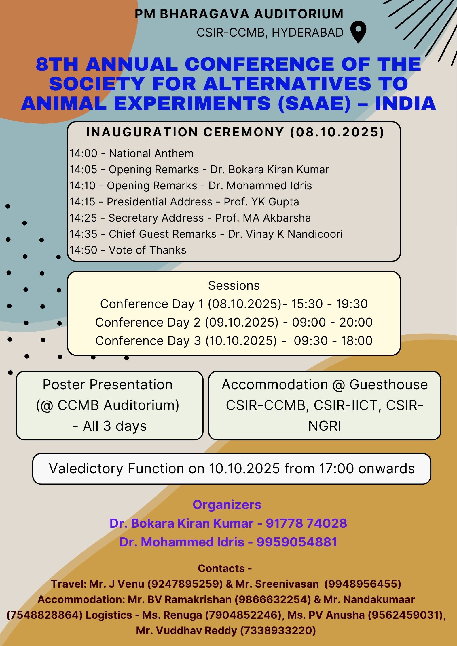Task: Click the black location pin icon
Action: click(359, 32)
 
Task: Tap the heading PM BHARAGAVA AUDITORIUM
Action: click(239, 14)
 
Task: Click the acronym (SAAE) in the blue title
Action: click(314, 104)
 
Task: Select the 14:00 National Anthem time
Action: click(83, 153)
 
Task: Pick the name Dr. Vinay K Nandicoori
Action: click(285, 234)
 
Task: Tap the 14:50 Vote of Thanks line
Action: click(128, 250)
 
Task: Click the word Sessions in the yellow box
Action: click(234, 285)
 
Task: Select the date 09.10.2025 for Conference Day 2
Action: click(242, 322)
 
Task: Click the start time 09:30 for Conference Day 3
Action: click(311, 341)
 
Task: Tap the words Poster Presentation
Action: click(108, 384)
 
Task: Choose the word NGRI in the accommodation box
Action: click(325, 426)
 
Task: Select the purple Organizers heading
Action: click(227, 505)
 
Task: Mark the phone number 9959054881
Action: click(297, 542)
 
